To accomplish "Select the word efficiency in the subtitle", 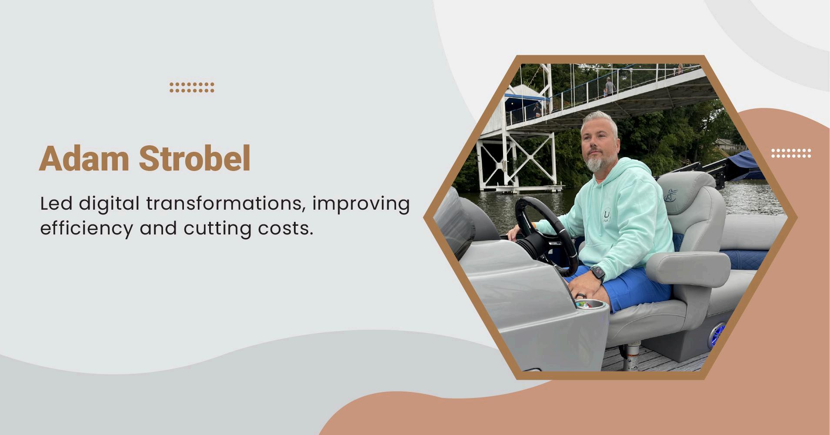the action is [86, 229].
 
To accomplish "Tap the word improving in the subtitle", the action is [361, 204].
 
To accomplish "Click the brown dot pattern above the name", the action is [192, 87].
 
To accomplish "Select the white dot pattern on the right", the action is [791, 153].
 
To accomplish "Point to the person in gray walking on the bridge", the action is [609, 87].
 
